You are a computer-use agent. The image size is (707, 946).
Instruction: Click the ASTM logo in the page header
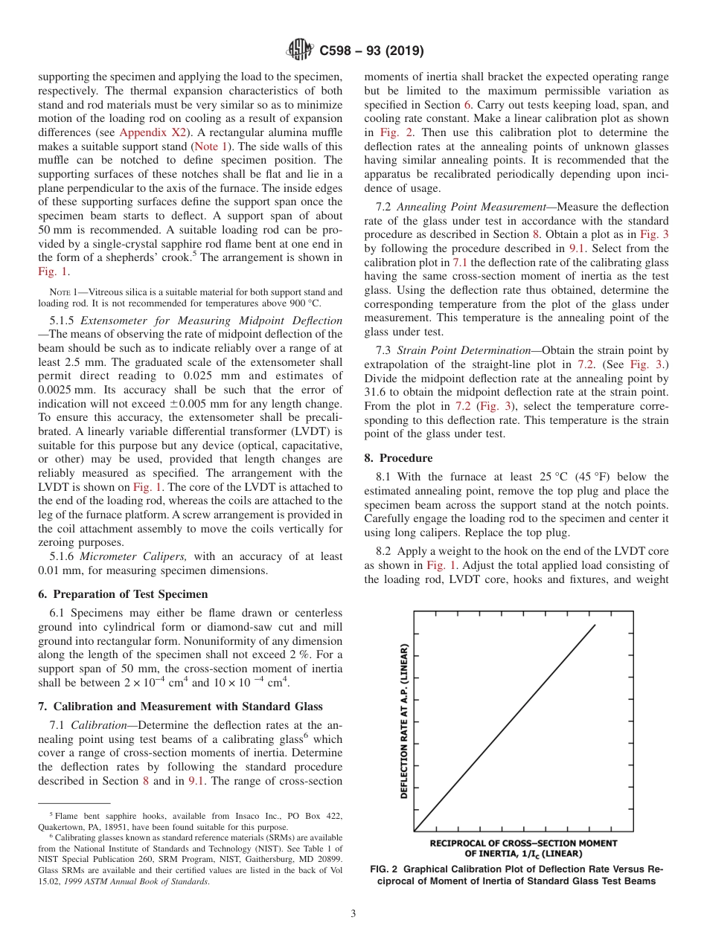300,51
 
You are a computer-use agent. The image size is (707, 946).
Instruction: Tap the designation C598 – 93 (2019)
371,51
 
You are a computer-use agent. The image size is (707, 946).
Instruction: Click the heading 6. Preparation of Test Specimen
123,594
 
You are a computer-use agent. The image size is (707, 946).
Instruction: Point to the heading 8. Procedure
398,457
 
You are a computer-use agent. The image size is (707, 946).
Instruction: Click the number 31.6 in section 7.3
376,393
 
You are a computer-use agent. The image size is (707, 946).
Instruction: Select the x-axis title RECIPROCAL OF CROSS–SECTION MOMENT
523,843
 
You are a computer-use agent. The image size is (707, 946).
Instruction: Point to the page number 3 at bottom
353,913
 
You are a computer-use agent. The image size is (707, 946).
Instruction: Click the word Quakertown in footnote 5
65,827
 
